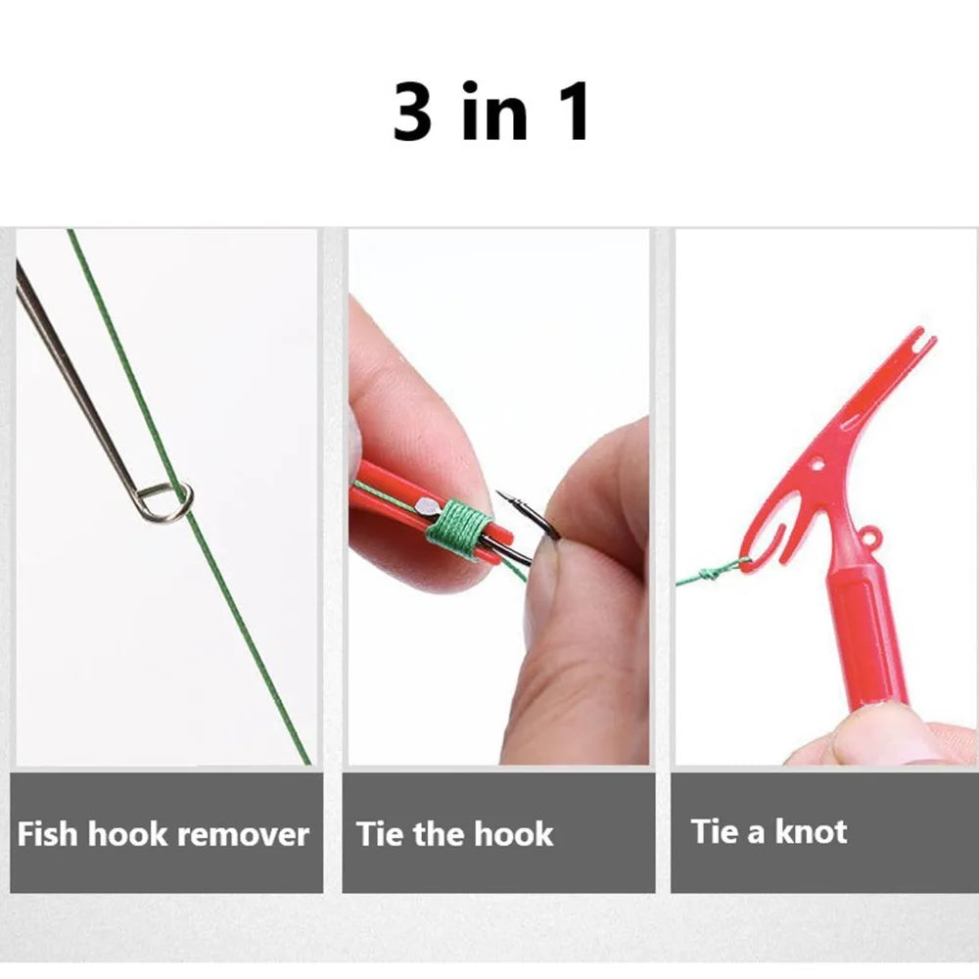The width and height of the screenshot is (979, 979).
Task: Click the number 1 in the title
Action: (573, 112)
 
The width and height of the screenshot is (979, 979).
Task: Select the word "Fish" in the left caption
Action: (49, 834)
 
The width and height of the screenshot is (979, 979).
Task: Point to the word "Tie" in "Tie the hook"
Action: (379, 834)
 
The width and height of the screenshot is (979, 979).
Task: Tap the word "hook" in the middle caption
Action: (515, 834)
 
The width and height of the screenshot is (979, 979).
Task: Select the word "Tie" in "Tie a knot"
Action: (714, 832)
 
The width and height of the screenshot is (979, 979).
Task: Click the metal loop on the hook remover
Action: (163, 502)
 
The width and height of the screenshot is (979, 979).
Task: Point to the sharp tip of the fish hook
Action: (499, 493)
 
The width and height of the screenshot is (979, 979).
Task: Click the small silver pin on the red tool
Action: (426, 506)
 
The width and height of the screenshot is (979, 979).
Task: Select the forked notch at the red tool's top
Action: (915, 341)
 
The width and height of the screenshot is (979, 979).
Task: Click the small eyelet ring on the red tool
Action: (868, 536)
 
